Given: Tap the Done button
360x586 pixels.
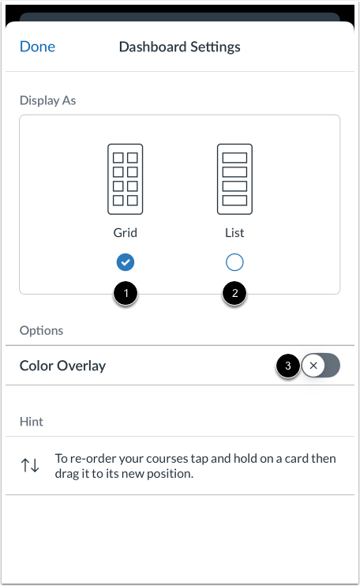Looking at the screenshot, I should click(37, 47).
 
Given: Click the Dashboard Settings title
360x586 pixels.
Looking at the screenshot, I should click(179, 47).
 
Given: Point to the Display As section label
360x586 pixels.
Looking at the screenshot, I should click(48, 100).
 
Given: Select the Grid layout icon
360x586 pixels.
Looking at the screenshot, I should click(125, 179).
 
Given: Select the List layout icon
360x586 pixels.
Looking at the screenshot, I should click(234, 179).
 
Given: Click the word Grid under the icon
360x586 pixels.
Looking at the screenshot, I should click(125, 233).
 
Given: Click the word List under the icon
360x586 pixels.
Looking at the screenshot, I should click(234, 233).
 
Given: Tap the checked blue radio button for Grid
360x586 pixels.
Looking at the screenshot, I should click(125, 262).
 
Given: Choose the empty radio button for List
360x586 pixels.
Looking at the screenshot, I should click(234, 262).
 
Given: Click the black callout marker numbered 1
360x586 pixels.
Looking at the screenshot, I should click(125, 295).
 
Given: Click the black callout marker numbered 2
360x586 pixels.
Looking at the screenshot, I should click(234, 295).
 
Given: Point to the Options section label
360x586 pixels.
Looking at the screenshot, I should click(42, 330).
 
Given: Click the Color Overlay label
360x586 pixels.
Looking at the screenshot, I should click(62, 366).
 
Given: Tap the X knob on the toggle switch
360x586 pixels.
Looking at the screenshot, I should click(313, 366).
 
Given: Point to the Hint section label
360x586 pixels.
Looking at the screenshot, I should click(32, 422).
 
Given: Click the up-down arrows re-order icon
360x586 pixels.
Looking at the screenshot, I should click(30, 465).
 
